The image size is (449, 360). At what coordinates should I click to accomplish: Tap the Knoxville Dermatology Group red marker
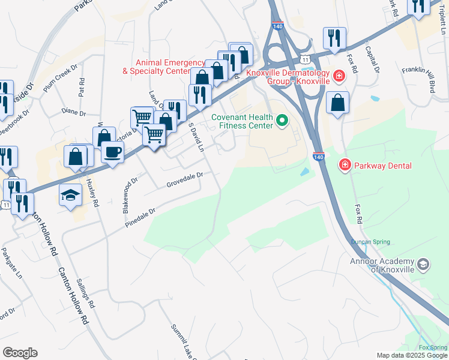339,76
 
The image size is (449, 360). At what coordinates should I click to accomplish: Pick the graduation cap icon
70,195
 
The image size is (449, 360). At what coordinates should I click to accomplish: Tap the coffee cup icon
112,152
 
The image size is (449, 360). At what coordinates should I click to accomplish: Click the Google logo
20,353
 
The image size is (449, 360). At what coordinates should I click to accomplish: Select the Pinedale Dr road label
141,217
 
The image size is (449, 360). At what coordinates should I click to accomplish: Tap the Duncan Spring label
370,242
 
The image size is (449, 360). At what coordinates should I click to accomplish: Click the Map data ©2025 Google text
412,355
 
